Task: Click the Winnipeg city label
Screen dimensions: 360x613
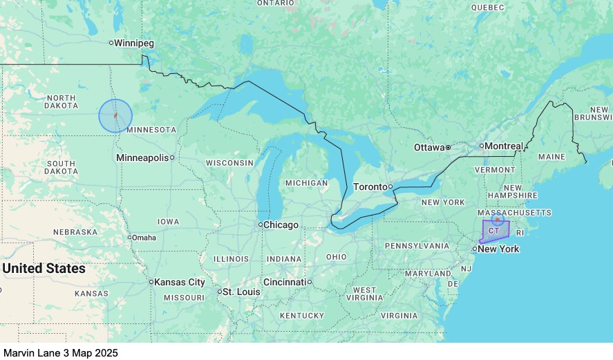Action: [x=134, y=43]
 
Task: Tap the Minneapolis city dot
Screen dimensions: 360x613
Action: [x=172, y=158]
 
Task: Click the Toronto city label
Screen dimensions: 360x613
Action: [x=370, y=187]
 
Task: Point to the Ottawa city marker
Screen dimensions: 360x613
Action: [x=448, y=147]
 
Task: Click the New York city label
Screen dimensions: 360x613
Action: [x=498, y=249]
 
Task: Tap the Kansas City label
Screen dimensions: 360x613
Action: [x=180, y=282]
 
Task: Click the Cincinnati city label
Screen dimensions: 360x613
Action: [x=284, y=282]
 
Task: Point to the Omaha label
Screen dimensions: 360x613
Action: [x=144, y=238]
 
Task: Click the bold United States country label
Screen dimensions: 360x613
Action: [x=44, y=268]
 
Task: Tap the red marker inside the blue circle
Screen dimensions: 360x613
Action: [x=115, y=115]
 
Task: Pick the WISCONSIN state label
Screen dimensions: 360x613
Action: [x=229, y=163]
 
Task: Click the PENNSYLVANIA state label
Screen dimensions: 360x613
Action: [x=417, y=245]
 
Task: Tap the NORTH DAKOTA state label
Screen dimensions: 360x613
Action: [x=61, y=101]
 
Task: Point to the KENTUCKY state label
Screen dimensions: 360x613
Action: [x=302, y=315]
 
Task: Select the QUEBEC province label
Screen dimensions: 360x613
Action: [x=488, y=7]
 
